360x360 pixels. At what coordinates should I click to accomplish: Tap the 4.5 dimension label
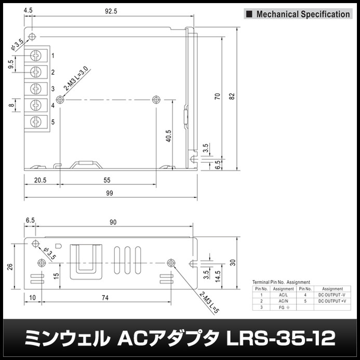29,10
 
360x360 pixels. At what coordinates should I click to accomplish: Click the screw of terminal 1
36,55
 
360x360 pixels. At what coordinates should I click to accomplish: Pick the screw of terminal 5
36,122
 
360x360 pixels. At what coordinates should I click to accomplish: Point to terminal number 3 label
53,89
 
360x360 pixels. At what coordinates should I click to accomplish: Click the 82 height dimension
232,96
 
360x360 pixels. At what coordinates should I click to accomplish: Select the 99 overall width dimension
110,193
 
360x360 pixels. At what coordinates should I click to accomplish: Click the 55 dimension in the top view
108,180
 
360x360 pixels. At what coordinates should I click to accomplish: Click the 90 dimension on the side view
113,222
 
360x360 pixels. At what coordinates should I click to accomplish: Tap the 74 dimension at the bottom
105,297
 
